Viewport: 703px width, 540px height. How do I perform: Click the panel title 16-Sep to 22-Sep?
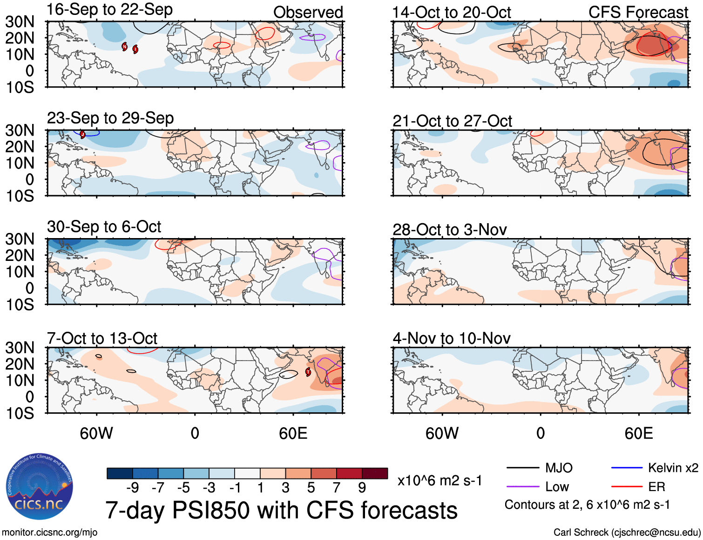click(110, 10)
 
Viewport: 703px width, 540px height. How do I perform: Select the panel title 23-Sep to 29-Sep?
click(110, 118)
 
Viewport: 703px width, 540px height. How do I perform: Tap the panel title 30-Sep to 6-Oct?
click(104, 227)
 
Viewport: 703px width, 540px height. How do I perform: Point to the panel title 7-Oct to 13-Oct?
click(102, 338)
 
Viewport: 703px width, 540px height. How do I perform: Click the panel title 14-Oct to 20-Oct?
click(452, 13)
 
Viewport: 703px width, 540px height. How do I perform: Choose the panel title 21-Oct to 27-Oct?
click(452, 121)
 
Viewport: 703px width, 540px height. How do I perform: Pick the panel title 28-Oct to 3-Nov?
click(449, 230)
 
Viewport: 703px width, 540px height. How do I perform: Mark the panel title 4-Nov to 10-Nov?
click(452, 338)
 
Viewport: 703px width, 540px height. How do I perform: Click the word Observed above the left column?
click(308, 13)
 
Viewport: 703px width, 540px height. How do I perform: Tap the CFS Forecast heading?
click(638, 13)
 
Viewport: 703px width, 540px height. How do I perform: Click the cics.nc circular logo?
click(39, 487)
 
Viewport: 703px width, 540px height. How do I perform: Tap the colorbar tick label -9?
click(132, 488)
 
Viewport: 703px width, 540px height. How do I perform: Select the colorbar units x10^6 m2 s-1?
click(439, 481)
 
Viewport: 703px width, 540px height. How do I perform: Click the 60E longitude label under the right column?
click(638, 434)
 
